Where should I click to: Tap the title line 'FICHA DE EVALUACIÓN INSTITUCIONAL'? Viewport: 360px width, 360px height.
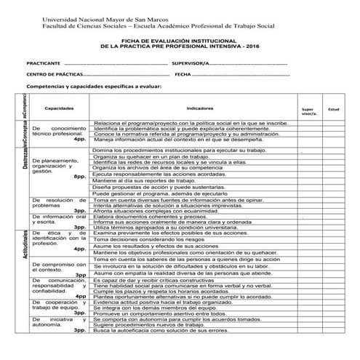point(180,41)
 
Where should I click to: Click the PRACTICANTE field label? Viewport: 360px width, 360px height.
point(41,63)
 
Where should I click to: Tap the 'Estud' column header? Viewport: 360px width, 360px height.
point(334,108)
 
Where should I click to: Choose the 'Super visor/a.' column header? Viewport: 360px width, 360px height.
point(308,112)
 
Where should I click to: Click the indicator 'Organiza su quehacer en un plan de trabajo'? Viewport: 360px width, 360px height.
point(151,156)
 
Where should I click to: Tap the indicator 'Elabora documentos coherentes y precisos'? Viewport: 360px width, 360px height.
point(150,217)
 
